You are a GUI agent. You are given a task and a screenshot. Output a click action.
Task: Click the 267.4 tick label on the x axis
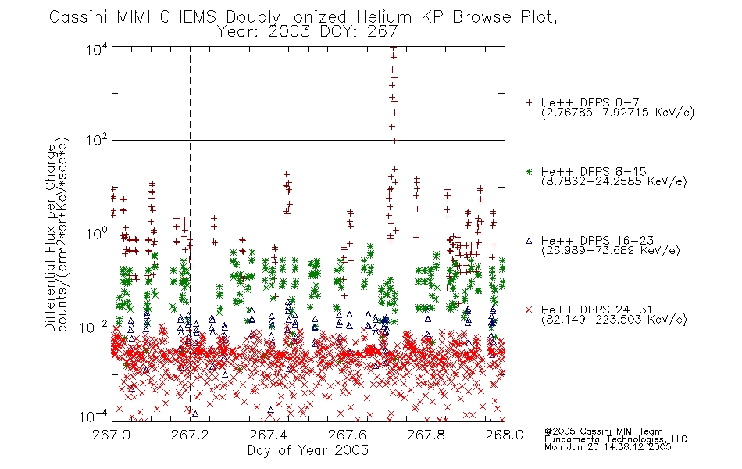[x=269, y=435]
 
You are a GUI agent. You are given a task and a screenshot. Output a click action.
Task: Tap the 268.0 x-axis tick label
[x=505, y=435]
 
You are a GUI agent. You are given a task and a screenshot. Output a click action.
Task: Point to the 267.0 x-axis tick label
[x=112, y=435]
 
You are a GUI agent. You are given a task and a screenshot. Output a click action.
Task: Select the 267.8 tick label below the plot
[x=426, y=435]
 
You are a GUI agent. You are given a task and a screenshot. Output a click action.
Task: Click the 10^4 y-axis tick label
[x=97, y=50]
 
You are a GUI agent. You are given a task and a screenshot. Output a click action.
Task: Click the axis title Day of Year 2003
[x=308, y=450]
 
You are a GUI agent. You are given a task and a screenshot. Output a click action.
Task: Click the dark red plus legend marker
[x=529, y=102]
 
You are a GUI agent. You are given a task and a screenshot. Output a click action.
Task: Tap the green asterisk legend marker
[x=529, y=172]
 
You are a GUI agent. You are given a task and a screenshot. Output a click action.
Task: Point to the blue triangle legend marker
[x=529, y=241]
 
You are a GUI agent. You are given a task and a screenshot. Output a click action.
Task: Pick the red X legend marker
[x=529, y=310]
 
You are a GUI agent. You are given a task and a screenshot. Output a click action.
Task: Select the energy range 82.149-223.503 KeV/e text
[x=614, y=320]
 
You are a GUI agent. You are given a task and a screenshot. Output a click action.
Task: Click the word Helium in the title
[x=383, y=17]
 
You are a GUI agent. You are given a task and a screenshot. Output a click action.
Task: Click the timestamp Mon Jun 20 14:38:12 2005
[x=608, y=447]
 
